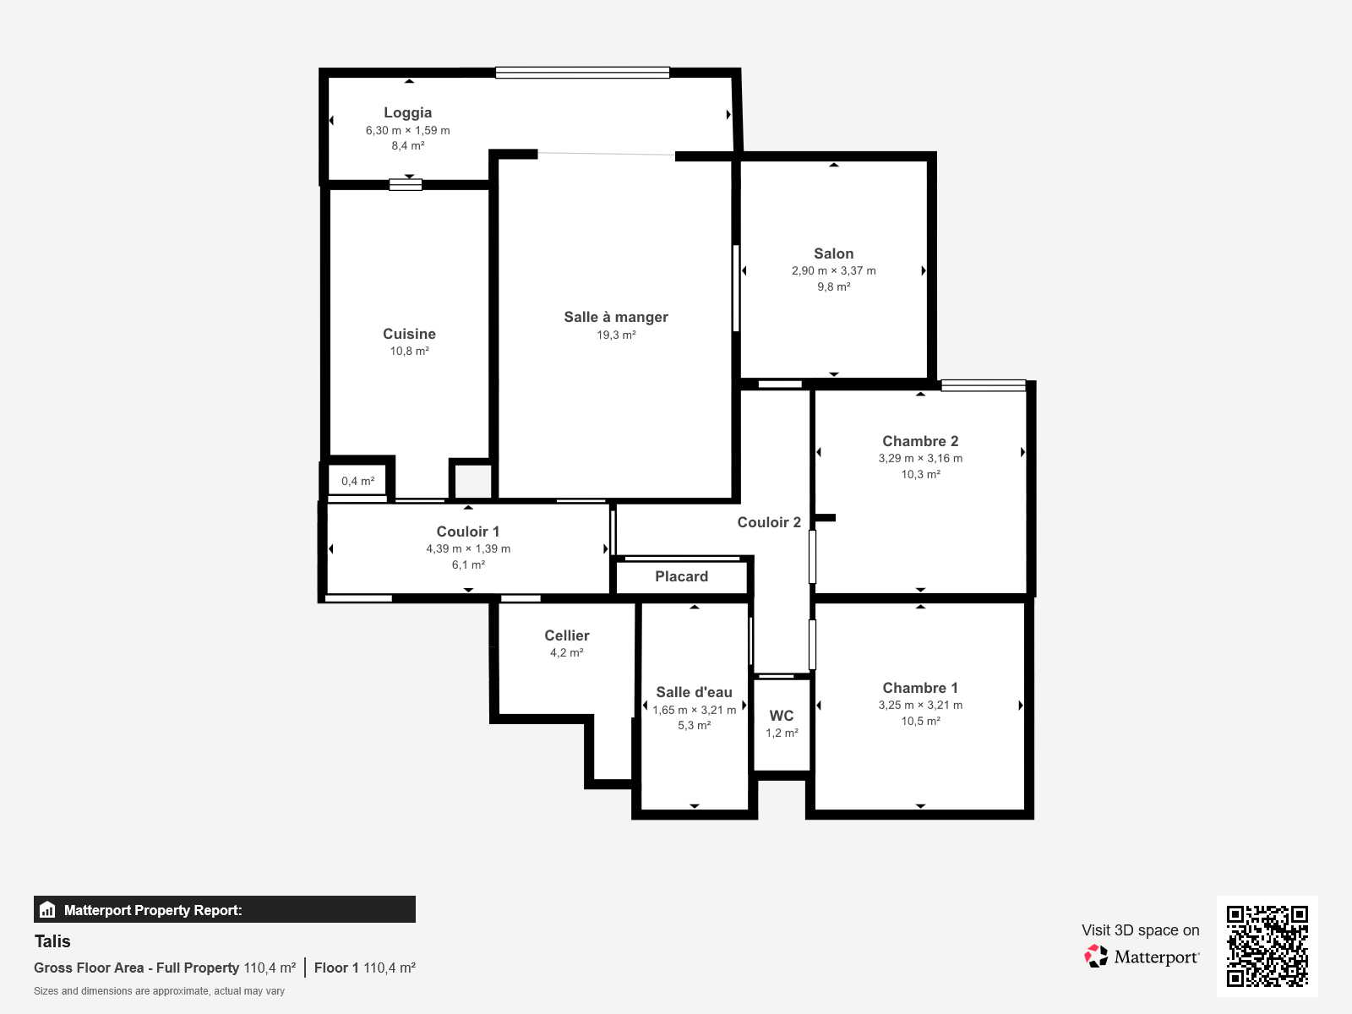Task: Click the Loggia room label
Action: tap(408, 112)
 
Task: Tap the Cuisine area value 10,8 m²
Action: tap(409, 351)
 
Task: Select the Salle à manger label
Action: tap(616, 317)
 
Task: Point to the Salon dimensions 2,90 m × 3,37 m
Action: tap(833, 271)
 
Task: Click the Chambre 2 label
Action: tap(920, 441)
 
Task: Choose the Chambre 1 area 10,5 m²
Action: tap(920, 721)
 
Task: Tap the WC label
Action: tap(782, 716)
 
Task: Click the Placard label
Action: tap(681, 576)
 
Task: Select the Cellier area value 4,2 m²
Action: tap(567, 652)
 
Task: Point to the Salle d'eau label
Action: tap(695, 692)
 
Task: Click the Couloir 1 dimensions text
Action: tap(468, 548)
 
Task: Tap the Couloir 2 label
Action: tap(769, 522)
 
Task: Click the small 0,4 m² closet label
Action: tap(358, 481)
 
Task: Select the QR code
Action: tap(1267, 946)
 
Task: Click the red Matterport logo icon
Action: tap(1096, 957)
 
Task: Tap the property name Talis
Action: tap(52, 941)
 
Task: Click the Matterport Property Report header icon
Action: tap(47, 909)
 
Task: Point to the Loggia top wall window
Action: tap(582, 73)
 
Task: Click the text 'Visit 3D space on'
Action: tap(1140, 930)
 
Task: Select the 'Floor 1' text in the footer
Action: tap(336, 968)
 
